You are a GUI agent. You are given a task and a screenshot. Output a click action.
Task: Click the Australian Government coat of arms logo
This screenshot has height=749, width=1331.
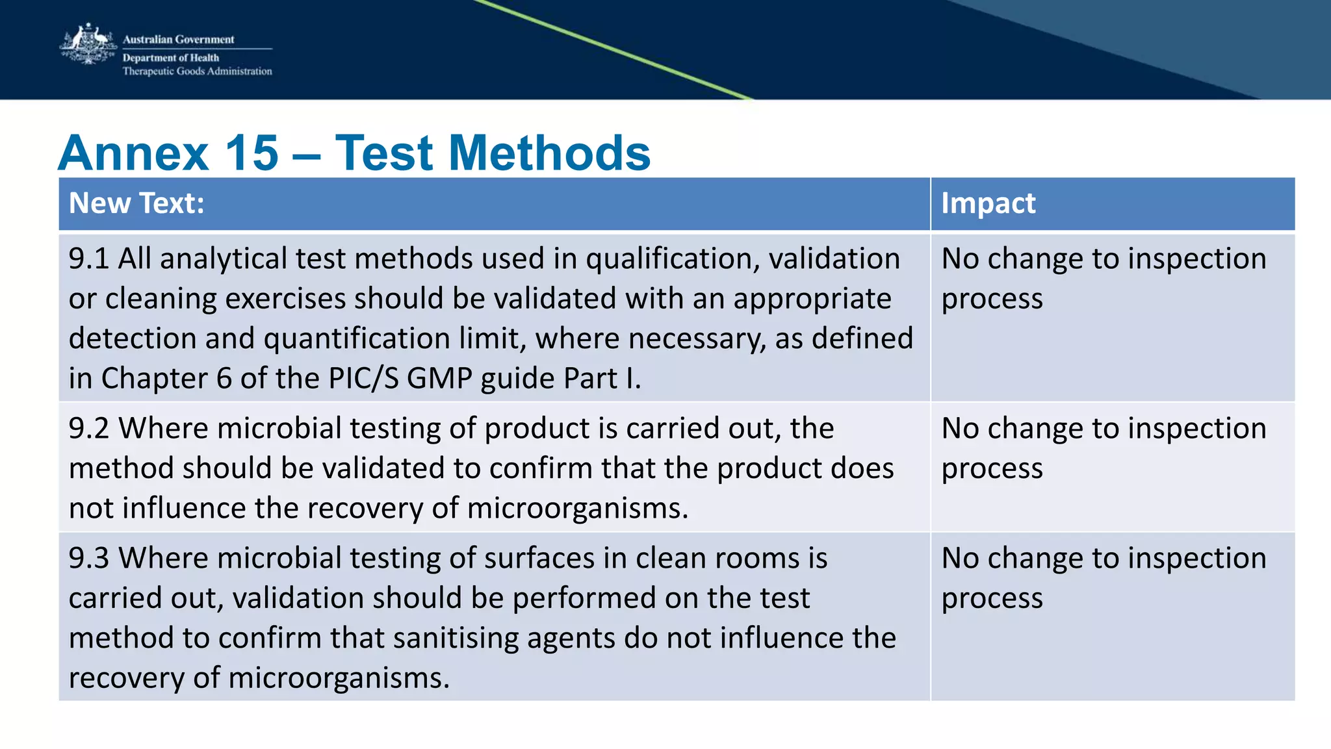coord(88,44)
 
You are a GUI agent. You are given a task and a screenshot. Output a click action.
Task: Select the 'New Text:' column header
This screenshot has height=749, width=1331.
coord(136,203)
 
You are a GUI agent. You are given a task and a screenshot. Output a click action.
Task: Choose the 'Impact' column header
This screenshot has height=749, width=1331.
coord(988,203)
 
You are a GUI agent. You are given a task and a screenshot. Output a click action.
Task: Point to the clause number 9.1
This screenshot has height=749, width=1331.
coord(89,259)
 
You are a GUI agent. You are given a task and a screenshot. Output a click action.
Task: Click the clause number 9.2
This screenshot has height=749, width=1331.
coord(89,428)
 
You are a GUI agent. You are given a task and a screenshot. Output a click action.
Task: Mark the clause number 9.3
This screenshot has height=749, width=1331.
coord(89,558)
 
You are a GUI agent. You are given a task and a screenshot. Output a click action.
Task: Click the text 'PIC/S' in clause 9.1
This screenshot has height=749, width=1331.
coord(364,378)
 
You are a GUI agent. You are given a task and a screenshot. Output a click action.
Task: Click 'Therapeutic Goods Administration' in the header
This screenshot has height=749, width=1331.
coord(198,71)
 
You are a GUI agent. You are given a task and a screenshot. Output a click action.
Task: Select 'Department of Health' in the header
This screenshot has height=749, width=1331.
coord(171,58)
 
